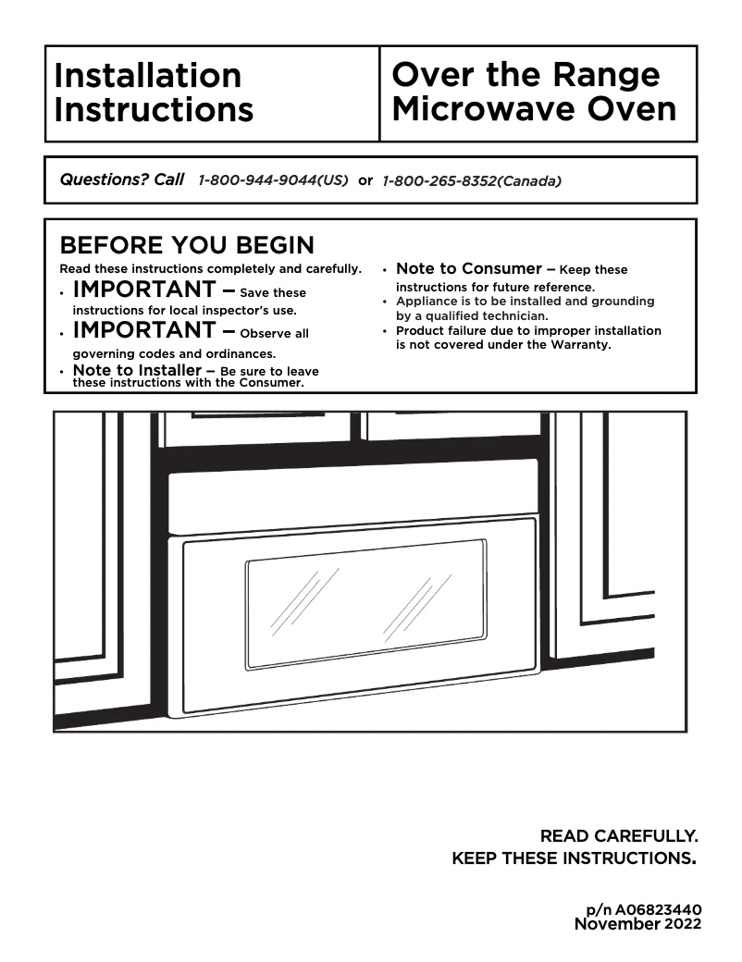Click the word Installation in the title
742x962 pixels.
[147, 75]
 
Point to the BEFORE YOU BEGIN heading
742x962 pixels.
[186, 246]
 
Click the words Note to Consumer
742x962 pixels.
[468, 269]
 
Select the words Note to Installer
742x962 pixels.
[136, 371]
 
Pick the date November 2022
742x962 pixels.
[637, 923]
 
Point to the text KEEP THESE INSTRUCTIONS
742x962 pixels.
[573, 858]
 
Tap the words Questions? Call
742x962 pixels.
[121, 179]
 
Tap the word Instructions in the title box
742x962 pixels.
[154, 109]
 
